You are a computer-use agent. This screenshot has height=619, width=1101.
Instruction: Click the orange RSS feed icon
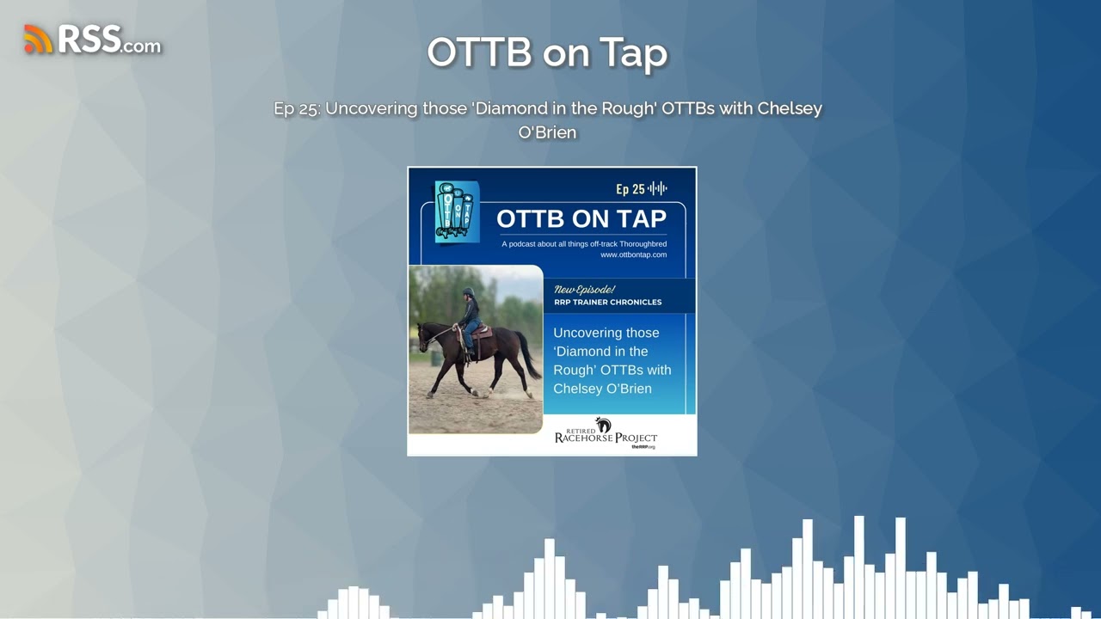coord(38,40)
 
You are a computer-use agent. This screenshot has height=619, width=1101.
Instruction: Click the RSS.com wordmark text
coord(108,40)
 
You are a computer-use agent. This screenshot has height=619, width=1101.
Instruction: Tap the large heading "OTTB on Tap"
coord(547,52)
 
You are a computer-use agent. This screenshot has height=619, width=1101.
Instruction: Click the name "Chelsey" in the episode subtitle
coord(790,108)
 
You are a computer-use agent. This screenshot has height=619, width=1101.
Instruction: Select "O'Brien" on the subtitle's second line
coord(547,132)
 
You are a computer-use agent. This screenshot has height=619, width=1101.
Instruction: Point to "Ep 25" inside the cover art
coord(630,189)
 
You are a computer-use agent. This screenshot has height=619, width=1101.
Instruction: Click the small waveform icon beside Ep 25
coord(658,189)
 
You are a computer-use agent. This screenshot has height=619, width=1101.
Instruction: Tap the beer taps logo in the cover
coord(456,212)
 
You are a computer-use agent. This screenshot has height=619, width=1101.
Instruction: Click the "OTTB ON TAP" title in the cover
coord(581,219)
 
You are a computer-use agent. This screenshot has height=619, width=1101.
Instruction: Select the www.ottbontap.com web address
coord(633,254)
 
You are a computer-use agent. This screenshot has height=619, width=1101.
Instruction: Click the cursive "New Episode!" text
coord(584,290)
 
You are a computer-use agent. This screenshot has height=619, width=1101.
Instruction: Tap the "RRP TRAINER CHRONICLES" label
coord(607,303)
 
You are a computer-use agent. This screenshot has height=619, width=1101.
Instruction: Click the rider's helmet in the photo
coord(468,293)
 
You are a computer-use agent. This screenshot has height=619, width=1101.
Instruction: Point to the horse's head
coord(425,337)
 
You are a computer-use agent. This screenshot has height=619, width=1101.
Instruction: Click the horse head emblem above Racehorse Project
coord(604,425)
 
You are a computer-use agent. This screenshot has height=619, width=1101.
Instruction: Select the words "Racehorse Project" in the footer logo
coord(606,438)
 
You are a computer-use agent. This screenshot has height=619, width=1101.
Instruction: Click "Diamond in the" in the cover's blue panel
coord(600,352)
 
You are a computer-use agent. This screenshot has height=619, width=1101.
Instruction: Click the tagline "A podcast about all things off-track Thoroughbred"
coord(584,244)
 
